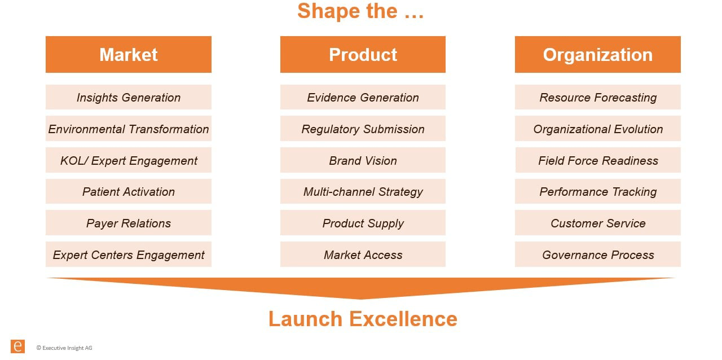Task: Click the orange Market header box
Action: click(x=129, y=55)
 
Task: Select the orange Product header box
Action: click(x=363, y=55)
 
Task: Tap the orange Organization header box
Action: click(x=597, y=55)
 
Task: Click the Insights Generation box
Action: click(x=129, y=97)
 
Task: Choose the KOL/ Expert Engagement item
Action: click(x=129, y=160)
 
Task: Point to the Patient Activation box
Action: click(x=129, y=191)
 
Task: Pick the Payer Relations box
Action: click(x=129, y=223)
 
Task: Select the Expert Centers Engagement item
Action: click(x=129, y=254)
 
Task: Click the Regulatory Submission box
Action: click(x=363, y=129)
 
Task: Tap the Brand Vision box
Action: click(x=363, y=160)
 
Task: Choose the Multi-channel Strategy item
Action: click(x=363, y=191)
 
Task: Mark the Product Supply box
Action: click(x=363, y=223)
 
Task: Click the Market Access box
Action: click(x=363, y=254)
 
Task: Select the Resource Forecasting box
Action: click(x=597, y=97)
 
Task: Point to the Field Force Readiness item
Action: click(x=597, y=160)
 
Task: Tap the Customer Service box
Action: click(x=597, y=223)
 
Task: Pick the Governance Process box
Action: click(x=597, y=254)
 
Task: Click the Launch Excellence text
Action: click(x=363, y=319)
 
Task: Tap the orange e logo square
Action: click(x=17, y=346)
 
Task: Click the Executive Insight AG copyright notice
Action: click(x=64, y=348)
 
